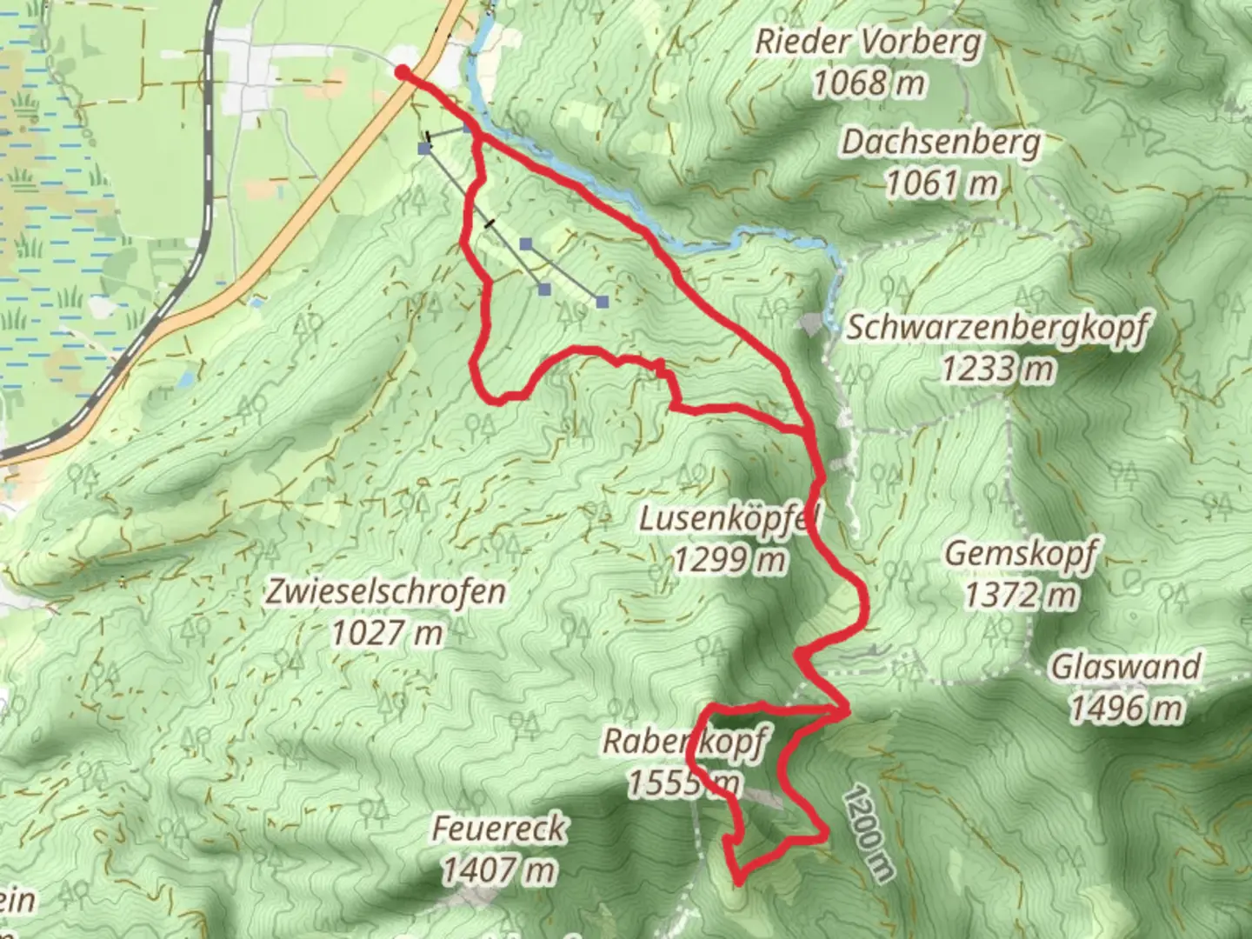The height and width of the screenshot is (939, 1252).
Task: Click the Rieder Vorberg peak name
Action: point(868,41)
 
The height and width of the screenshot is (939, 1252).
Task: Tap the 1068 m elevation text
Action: point(868,83)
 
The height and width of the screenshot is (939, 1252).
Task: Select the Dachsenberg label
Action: point(941,142)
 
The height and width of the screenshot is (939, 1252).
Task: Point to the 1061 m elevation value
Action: point(941,183)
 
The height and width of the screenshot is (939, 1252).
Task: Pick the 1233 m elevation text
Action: point(997,369)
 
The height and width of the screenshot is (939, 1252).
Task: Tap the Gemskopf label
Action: point(1021,553)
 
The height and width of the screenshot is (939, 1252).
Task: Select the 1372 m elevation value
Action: point(1021,596)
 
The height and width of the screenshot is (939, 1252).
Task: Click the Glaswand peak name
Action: point(1126,667)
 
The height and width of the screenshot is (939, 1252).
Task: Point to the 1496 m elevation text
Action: point(1126,709)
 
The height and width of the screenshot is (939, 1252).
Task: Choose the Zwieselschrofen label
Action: point(386,592)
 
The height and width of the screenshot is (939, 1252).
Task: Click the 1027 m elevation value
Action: point(386,634)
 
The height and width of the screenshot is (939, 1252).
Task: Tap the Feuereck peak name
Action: point(499,828)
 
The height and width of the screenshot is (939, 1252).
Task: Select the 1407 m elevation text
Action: point(499,869)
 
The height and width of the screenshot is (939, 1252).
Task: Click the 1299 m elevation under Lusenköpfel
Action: point(729,561)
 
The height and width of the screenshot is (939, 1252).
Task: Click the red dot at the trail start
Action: point(403,72)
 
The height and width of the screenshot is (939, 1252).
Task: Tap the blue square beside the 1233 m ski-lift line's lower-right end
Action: point(602,302)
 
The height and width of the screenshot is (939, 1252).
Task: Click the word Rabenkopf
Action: point(684,742)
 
